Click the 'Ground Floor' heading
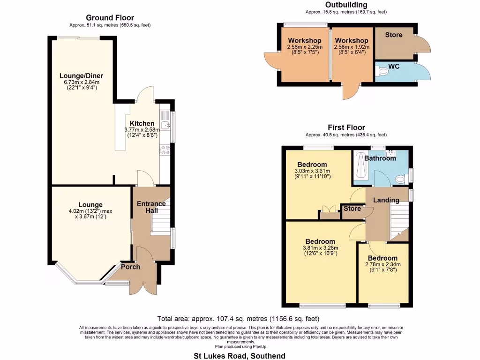click(110, 18)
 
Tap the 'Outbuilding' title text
click(346, 5)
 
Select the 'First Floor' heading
click(346, 127)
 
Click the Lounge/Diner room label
click(81, 76)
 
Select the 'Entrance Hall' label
click(151, 207)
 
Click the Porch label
click(131, 267)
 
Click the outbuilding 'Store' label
click(394, 35)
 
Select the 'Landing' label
click(386, 200)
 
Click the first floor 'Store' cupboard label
click(352, 209)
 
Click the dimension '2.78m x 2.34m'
click(382, 264)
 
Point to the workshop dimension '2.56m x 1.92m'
click(352, 47)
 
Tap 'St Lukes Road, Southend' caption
click(240, 356)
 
